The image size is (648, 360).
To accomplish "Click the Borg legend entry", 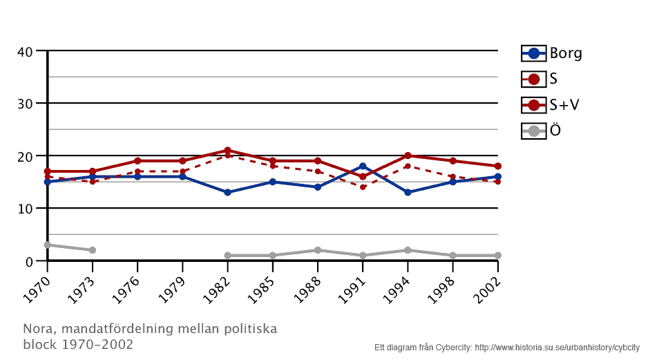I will pos(552,53).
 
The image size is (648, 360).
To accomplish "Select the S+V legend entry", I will pos(551,105).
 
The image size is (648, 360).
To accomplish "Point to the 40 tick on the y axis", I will pos(26,51).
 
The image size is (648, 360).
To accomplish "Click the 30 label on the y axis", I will pos(26,104).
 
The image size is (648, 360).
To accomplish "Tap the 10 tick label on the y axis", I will pos(26,209).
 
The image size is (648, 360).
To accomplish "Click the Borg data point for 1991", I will pos(363,167).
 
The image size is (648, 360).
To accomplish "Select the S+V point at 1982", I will pos(227,151).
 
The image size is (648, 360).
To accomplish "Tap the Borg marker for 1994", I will pos(408,192).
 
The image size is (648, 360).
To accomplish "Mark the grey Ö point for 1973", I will pos(93,250).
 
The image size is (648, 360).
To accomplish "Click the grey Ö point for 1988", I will pos(318,250).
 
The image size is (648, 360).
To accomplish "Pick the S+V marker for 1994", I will pos(408,155).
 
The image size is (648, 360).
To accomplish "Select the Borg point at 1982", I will pos(227,192).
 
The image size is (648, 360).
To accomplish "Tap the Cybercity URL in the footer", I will pos(555,348).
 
